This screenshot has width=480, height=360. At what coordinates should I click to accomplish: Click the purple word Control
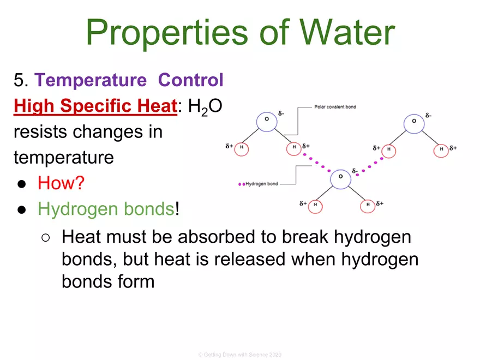click(x=191, y=80)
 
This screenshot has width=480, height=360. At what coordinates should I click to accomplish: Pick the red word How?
click(x=61, y=183)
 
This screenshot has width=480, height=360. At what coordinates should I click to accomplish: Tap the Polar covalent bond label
click(x=335, y=106)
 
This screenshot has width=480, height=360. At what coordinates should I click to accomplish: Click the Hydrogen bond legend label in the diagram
click(x=262, y=184)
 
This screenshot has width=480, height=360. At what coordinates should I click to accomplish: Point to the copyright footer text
click(x=239, y=355)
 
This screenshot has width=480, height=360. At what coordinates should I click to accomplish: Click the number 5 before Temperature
click(x=19, y=81)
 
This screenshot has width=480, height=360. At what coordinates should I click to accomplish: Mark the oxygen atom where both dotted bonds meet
click(x=340, y=177)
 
